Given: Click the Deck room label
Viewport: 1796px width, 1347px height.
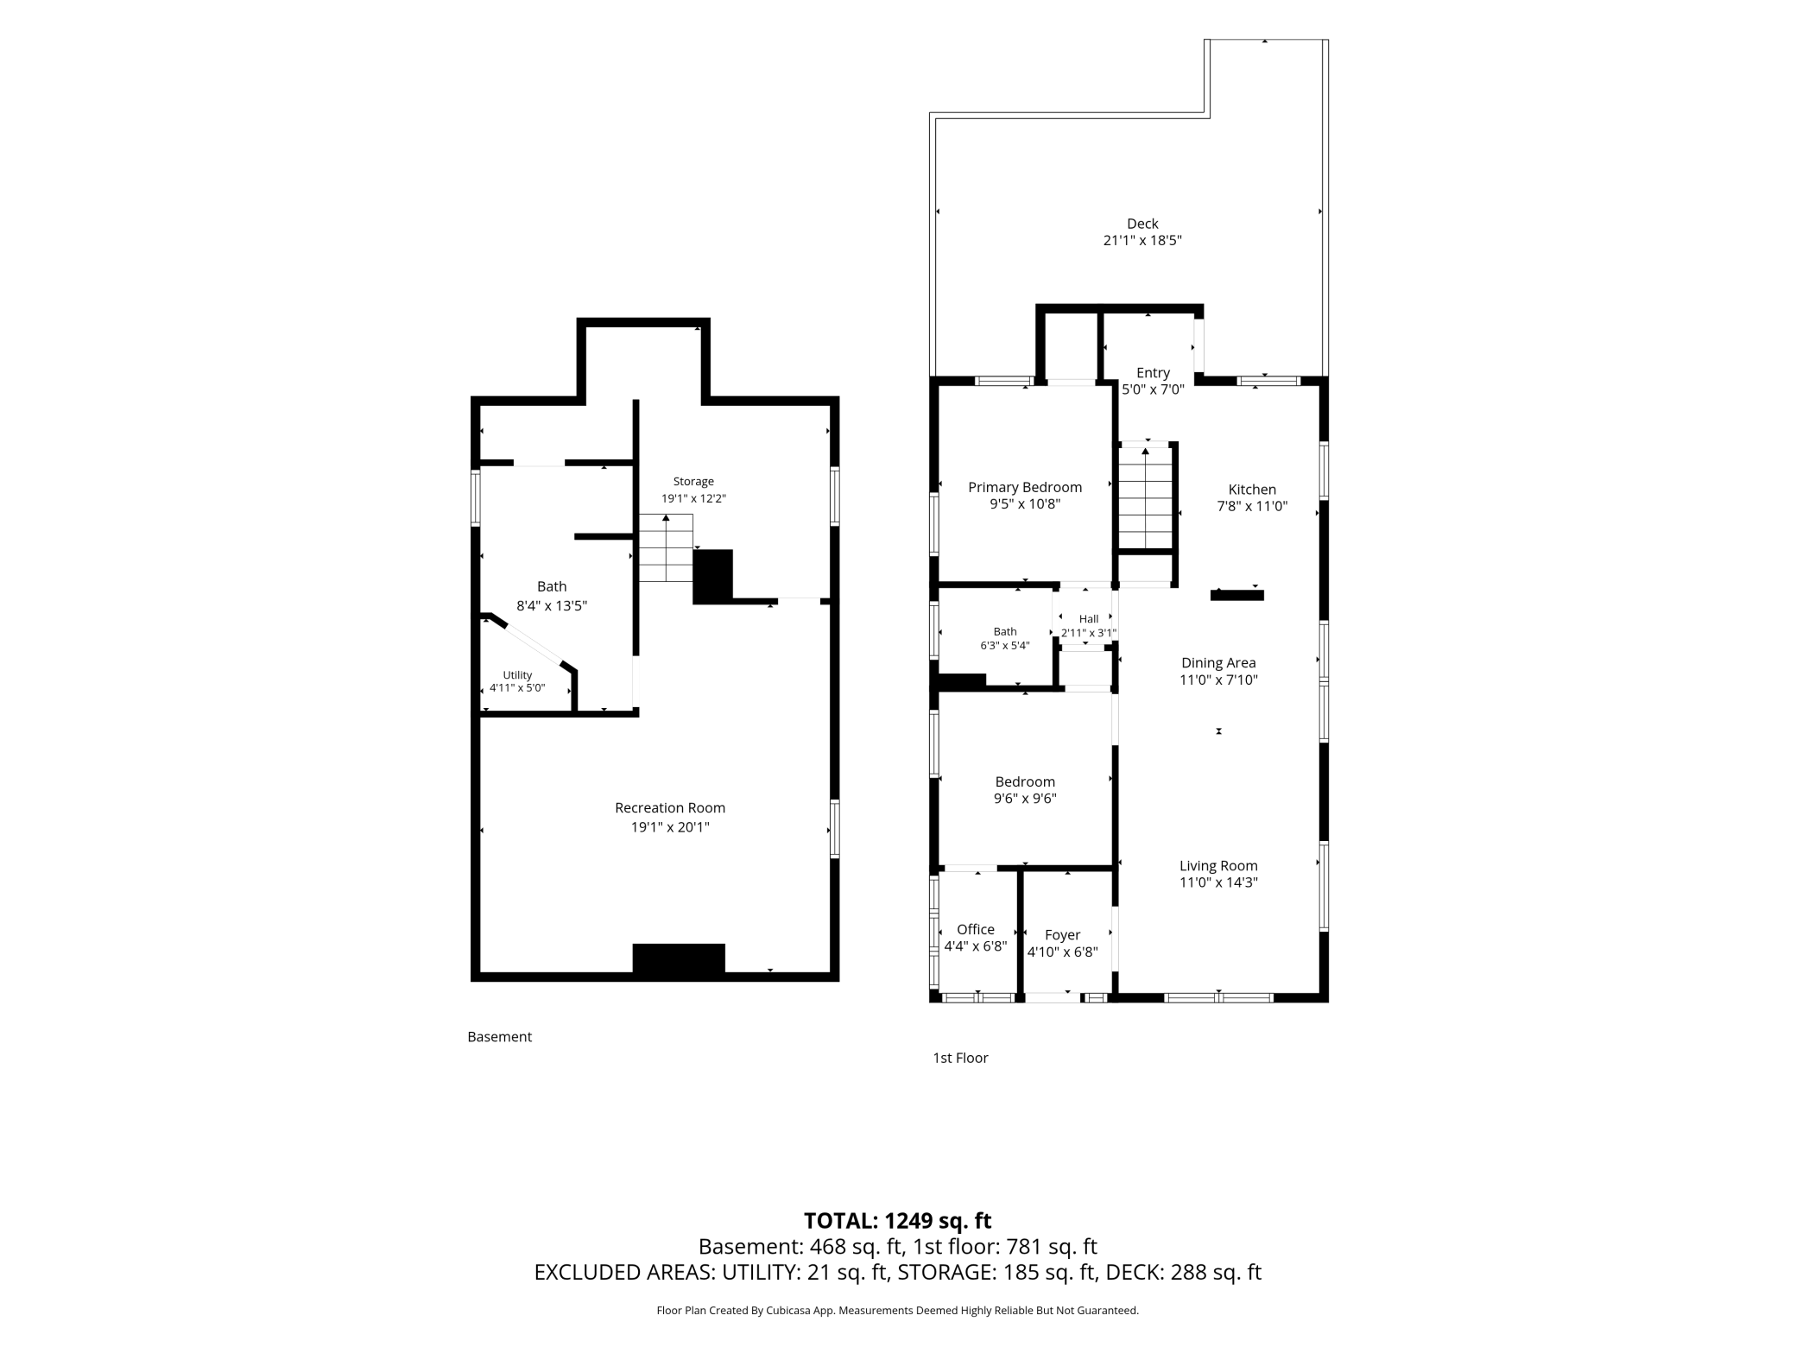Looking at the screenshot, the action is (x=1142, y=224).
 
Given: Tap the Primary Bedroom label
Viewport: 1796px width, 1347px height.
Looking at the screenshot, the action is (x=1025, y=487).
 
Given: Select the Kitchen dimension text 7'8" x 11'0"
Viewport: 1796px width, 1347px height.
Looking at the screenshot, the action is (x=1252, y=507).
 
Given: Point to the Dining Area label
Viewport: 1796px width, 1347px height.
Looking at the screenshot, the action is (x=1218, y=663).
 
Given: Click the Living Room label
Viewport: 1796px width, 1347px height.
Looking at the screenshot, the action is (x=1218, y=866).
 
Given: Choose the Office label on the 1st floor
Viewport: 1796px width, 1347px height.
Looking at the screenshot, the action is (x=976, y=929).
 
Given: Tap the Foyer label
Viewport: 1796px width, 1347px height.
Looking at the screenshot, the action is (x=1062, y=935).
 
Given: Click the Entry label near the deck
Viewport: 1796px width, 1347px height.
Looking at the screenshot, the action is (x=1153, y=373).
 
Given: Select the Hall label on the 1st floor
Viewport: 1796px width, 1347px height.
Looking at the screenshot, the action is (x=1089, y=619).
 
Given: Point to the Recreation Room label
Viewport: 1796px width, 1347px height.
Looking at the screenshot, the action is (x=670, y=808).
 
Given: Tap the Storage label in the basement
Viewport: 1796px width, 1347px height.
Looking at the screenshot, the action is (x=693, y=482).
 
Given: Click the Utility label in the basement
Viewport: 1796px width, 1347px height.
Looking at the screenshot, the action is (x=517, y=675).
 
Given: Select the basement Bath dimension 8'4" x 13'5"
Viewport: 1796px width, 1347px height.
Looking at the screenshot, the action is (x=552, y=606).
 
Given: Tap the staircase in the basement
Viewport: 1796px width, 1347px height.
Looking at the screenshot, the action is (x=666, y=547).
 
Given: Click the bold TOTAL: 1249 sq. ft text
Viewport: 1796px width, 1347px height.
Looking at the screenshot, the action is (x=898, y=1221).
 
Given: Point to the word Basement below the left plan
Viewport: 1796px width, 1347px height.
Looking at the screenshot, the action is (x=499, y=1037).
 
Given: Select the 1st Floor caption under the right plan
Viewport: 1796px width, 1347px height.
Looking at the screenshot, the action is (x=960, y=1058).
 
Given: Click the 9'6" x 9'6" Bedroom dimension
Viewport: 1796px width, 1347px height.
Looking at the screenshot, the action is (x=1025, y=799).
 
